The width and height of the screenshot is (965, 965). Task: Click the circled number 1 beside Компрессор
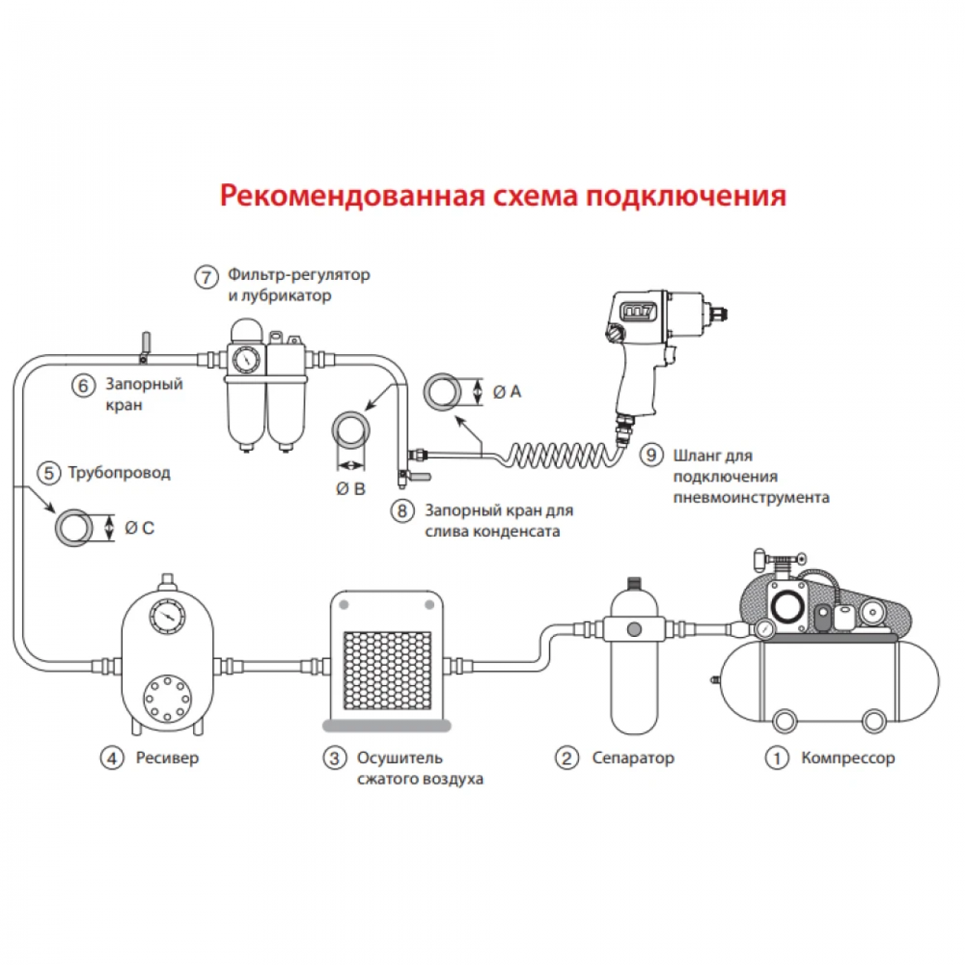(x=776, y=758)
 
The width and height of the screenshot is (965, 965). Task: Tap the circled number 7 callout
(x=206, y=278)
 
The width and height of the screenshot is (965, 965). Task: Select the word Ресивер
(x=167, y=758)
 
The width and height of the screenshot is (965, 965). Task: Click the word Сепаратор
(x=633, y=758)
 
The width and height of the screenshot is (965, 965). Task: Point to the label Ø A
(x=507, y=392)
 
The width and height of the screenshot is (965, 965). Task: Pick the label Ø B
(x=350, y=489)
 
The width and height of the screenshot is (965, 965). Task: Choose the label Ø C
(x=140, y=528)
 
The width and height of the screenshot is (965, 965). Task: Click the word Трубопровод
(x=120, y=473)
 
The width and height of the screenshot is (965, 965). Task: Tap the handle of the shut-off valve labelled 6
(x=146, y=342)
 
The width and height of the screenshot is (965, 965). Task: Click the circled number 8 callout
(x=402, y=511)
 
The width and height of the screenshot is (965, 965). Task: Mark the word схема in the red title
(x=532, y=195)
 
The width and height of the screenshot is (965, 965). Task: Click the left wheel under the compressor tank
(x=783, y=720)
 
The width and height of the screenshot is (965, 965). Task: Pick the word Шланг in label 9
(x=702, y=455)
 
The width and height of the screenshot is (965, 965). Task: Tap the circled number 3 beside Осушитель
(x=334, y=758)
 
